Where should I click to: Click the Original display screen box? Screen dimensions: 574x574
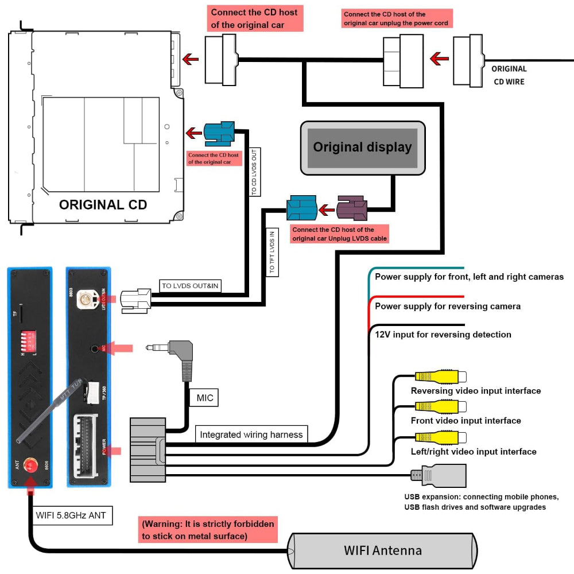(363, 148)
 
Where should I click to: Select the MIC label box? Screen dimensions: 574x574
(204, 398)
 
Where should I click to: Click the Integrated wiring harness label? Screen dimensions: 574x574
(251, 435)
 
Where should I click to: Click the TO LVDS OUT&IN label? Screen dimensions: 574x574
(191, 285)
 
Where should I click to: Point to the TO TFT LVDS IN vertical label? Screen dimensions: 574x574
(272, 250)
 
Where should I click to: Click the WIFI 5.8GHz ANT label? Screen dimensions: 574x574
(71, 515)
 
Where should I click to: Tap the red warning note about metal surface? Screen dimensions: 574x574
(207, 530)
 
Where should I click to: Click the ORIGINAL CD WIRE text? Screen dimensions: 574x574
(509, 75)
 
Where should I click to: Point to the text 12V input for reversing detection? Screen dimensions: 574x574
(443, 334)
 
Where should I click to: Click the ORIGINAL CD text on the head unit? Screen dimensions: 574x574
(103, 205)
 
